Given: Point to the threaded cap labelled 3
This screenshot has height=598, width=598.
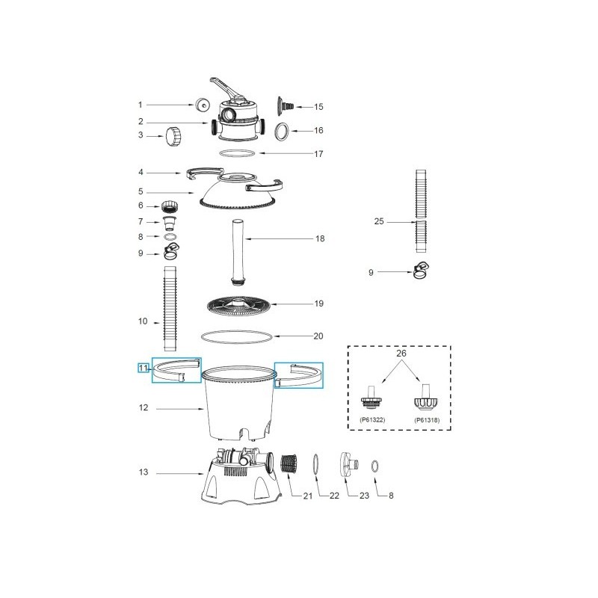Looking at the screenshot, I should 174,137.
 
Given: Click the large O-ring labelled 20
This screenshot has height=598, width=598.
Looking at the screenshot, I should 238,336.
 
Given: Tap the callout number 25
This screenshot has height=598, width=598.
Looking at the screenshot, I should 378,221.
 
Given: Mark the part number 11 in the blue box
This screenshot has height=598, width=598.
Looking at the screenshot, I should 143,367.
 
